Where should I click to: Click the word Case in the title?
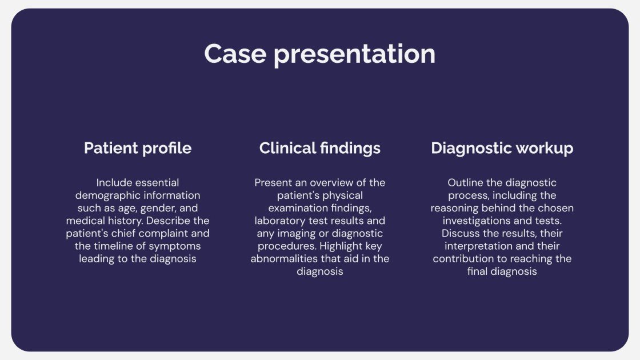(235, 54)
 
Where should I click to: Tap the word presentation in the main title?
(354, 55)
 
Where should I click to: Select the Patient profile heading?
(138, 149)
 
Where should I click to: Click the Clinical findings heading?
(319, 149)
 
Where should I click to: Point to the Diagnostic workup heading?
(502, 149)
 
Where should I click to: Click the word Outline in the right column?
(465, 183)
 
